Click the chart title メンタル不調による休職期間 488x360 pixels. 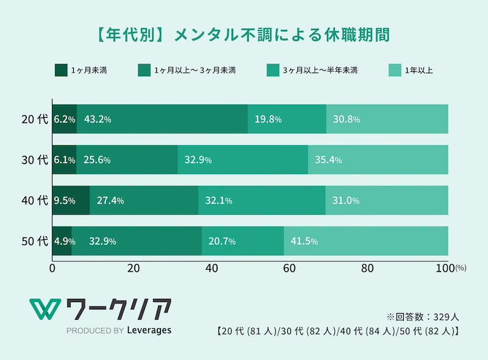pos(244,34)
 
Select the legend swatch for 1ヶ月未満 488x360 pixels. pos(61,71)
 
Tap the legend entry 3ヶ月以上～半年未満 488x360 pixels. pos(318,71)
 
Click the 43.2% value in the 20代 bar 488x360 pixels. pos(98,120)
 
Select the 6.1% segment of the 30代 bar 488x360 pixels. pos(64,160)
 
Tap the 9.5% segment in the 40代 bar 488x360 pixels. pos(65,201)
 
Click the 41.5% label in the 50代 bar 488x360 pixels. pos(304,241)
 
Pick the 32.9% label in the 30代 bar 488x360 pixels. pos(198,160)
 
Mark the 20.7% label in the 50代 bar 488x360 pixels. pos(223,241)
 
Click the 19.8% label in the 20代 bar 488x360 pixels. pos(268,120)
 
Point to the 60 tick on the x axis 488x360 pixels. pos(289,267)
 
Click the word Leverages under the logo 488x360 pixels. pos(150,330)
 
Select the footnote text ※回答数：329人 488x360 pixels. pos(418,317)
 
